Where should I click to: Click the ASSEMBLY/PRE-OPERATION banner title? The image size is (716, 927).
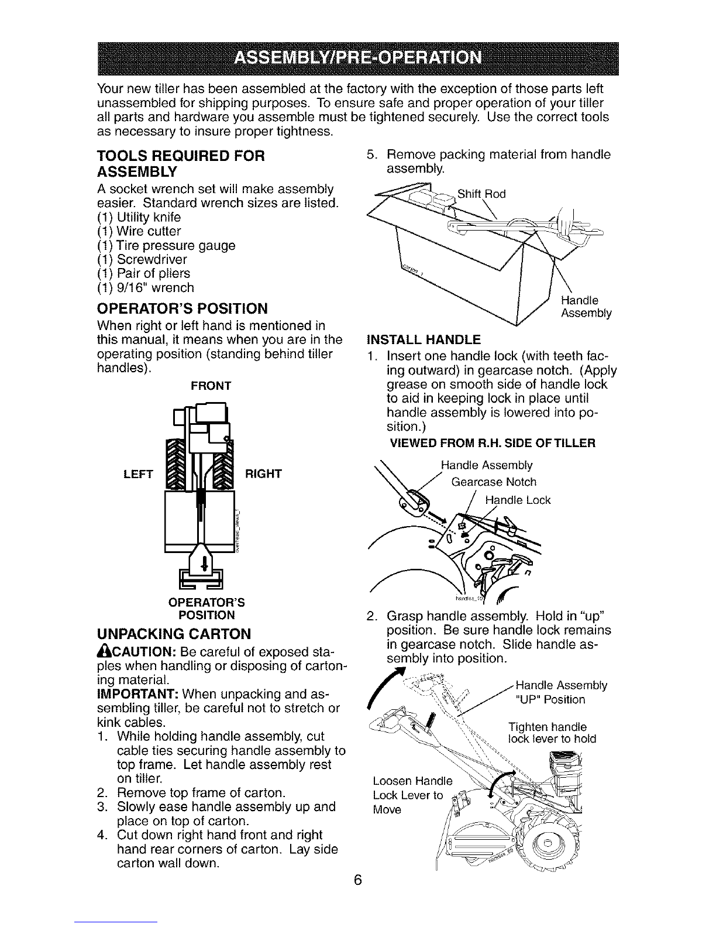[357, 59]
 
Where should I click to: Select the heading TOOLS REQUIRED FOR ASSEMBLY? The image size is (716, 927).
[181, 164]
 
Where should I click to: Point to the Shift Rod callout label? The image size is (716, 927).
[481, 194]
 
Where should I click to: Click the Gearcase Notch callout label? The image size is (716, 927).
[494, 482]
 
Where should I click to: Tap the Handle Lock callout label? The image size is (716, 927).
[518, 501]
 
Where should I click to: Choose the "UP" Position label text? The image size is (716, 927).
[550, 700]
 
